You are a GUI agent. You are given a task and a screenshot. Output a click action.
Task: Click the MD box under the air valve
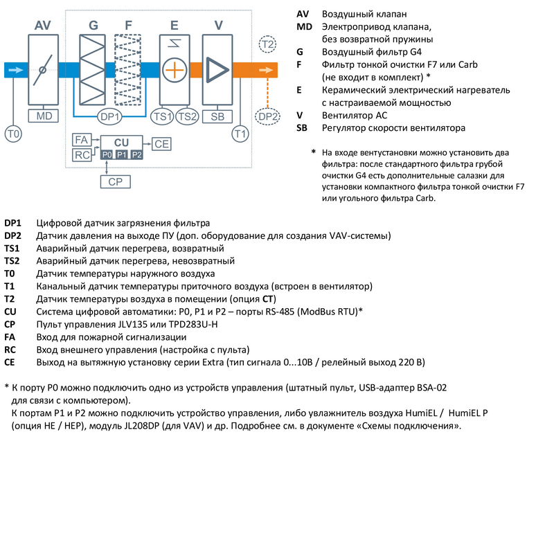tap(44, 116)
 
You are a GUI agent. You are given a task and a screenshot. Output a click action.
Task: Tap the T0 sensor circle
tap(13, 132)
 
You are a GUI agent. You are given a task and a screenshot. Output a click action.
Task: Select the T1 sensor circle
tap(240, 132)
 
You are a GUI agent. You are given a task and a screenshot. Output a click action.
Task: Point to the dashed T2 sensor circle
tap(267, 45)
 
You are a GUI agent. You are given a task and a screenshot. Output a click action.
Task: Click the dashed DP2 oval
tap(267, 117)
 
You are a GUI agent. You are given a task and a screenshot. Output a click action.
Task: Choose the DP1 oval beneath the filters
tap(110, 117)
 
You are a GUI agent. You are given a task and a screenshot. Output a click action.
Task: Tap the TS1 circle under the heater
tap(163, 117)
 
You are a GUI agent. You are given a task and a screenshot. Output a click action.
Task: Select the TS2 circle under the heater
tap(188, 117)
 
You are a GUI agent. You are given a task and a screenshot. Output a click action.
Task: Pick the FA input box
tap(82, 141)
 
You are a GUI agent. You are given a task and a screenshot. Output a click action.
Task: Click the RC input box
tap(82, 154)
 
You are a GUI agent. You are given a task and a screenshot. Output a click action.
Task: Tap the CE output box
tap(162, 144)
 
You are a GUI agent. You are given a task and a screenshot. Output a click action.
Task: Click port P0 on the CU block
tap(106, 154)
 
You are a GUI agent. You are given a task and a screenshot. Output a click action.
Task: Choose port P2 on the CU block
tap(136, 154)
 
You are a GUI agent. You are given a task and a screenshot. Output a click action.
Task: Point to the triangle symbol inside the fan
tap(217, 70)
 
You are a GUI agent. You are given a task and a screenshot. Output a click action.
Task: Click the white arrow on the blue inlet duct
tap(14, 70)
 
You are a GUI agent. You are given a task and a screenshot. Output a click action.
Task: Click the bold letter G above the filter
tap(93, 25)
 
